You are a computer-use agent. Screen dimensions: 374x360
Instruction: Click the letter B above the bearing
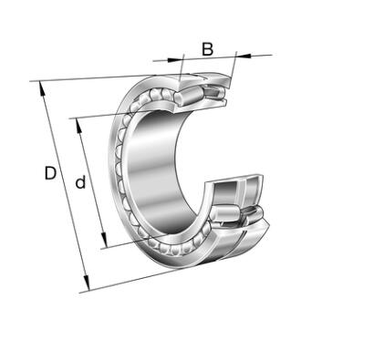[x=207, y=49]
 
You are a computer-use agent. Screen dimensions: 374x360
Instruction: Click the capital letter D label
[x=50, y=173]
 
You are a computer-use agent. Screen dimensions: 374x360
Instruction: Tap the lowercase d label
[x=80, y=181]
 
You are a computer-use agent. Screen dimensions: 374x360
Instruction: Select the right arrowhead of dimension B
[x=244, y=56]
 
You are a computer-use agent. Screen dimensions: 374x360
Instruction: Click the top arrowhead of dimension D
[x=42, y=89]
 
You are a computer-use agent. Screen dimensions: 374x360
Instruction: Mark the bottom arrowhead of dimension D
[x=87, y=283]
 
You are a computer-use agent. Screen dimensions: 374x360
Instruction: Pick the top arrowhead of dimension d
[x=78, y=126]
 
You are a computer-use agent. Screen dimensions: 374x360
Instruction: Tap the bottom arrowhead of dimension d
[x=104, y=241]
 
